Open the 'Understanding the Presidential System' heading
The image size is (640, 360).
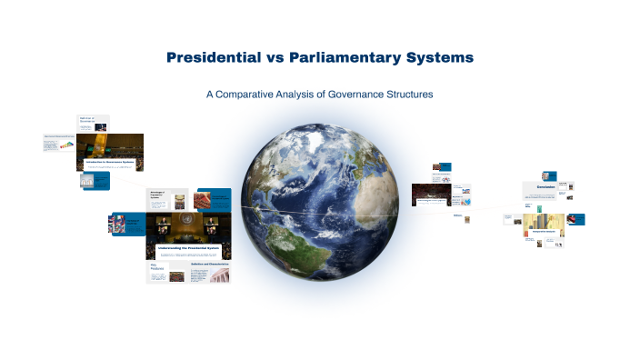click(x=188, y=247)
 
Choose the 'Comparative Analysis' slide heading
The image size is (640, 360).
click(x=544, y=232)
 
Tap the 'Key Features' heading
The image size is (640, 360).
click(x=155, y=270)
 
